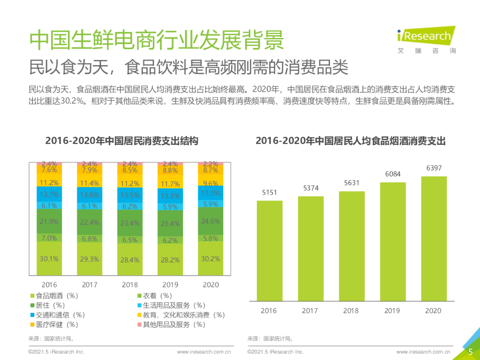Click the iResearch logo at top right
[426, 39]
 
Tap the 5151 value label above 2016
[269, 193]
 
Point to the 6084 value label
[393, 174]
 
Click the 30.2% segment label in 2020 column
[210, 259]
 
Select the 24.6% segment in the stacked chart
[210, 221]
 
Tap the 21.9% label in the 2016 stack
[49, 222]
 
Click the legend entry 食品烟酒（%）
[57, 296]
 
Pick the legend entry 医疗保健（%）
[57, 324]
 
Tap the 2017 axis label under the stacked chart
[90, 285]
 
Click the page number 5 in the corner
[470, 352]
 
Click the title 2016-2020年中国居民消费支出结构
[121, 141]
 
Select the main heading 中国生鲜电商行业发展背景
[157, 40]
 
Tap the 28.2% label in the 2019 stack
[170, 260]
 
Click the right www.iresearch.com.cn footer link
[423, 352]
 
